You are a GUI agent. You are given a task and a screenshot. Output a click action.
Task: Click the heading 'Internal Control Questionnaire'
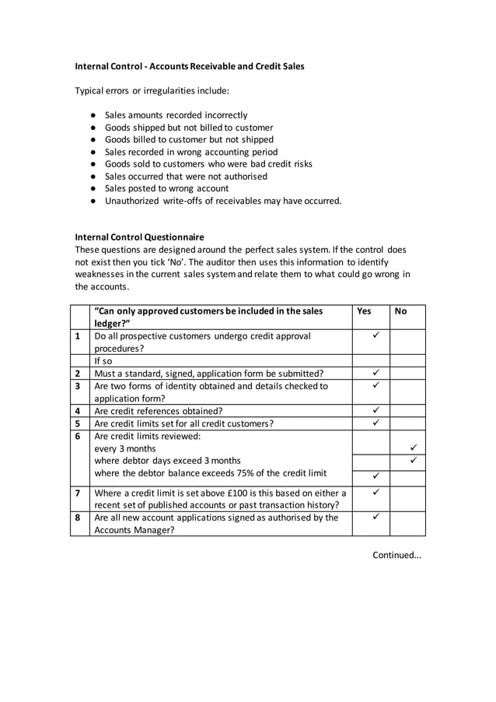139,237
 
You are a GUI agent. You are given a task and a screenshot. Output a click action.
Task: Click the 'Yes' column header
364,311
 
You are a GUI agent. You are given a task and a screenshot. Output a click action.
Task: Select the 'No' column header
400,311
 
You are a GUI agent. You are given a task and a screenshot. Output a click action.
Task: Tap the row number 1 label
78,336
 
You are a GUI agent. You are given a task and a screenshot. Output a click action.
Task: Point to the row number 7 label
78,492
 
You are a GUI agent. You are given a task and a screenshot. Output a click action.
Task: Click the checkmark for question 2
375,373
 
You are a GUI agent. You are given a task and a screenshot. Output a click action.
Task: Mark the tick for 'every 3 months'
413,448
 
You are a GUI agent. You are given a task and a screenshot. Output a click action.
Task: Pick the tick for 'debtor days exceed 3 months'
413,461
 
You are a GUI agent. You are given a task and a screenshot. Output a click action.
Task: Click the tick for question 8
375,516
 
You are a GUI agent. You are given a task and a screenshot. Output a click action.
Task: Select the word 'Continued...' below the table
396,554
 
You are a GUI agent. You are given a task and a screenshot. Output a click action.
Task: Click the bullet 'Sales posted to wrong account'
166,188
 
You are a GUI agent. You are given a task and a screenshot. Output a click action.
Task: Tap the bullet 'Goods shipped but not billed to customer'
189,128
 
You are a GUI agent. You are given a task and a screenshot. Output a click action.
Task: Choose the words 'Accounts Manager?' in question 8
134,529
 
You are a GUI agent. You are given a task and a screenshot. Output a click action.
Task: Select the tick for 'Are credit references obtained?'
375,410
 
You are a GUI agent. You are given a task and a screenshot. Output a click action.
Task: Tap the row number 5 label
78,423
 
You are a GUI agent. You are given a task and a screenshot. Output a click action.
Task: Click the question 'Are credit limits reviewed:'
147,436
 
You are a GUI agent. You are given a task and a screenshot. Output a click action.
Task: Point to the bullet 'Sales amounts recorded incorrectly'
176,115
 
